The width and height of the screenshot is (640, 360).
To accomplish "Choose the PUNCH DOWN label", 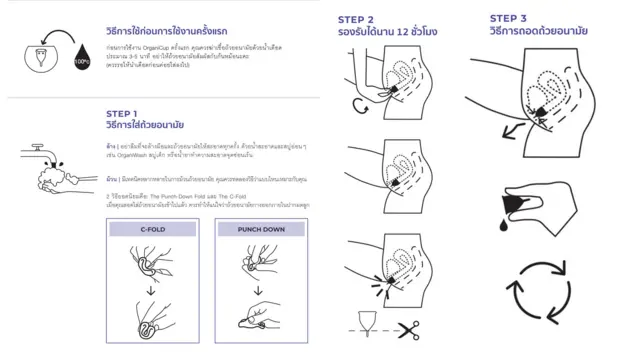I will (263, 229).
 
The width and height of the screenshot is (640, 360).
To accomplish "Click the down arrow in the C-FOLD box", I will (153, 292).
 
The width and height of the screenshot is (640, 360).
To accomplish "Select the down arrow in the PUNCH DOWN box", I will (263, 292).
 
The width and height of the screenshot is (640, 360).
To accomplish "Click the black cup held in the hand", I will (546, 206).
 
